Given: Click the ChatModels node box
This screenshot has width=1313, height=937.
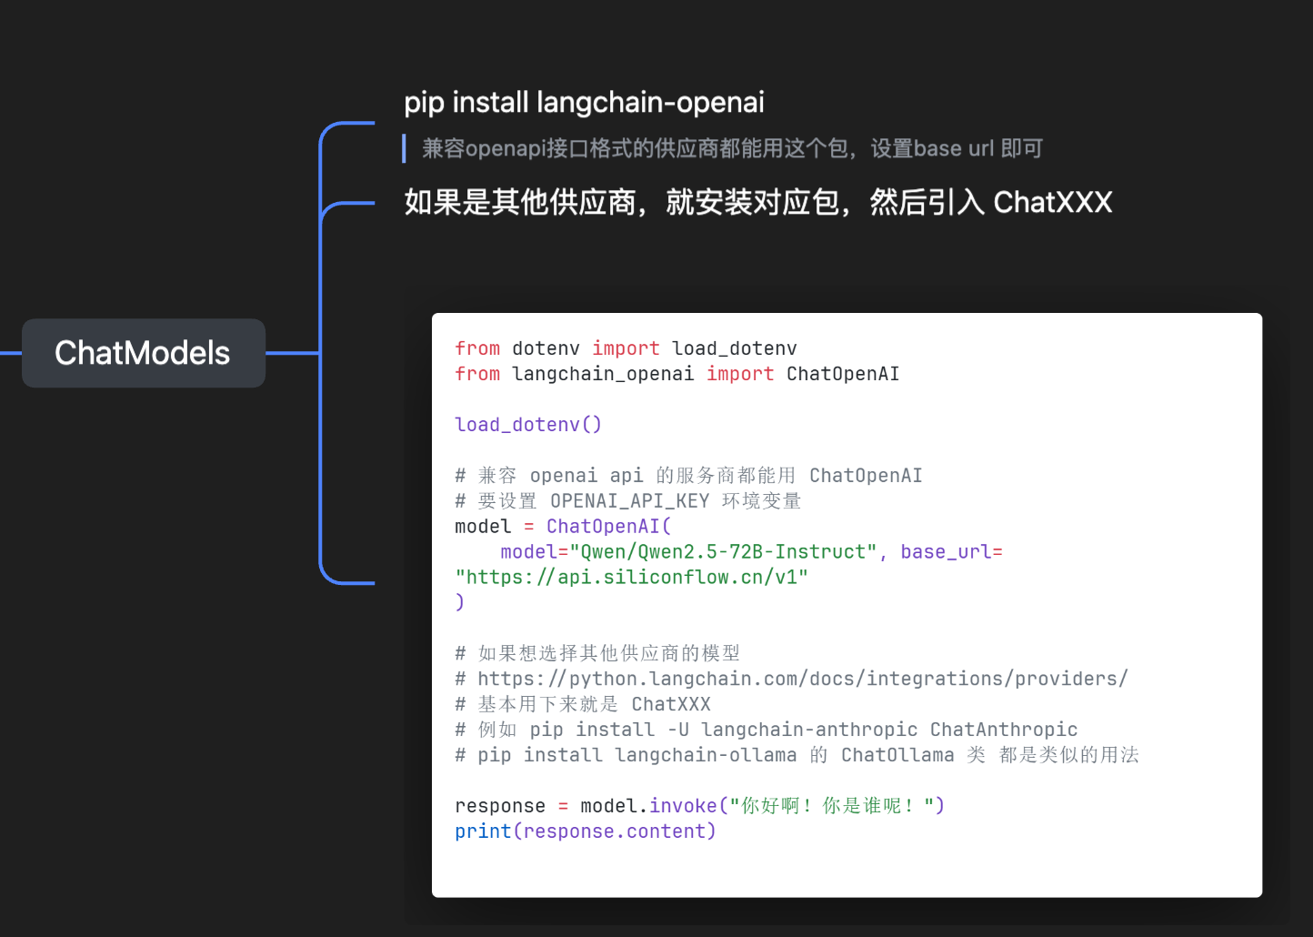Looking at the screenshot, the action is coord(144,353).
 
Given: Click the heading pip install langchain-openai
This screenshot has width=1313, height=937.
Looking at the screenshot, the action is coord(584,103).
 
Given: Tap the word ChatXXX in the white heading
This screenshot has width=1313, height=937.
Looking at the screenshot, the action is coord(1053,202).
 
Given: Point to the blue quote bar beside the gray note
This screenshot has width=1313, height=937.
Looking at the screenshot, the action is coord(404,148).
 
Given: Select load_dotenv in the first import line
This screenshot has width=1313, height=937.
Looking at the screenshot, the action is coord(735,348).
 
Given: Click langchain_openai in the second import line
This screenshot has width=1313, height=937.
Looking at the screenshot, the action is coord(603,374).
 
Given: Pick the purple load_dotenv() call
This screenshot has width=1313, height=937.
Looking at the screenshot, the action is coord(528,424).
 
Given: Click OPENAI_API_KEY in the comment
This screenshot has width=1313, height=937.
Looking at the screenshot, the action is coord(629,500).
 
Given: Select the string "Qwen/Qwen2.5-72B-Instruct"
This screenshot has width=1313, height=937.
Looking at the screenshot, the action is coord(723,552).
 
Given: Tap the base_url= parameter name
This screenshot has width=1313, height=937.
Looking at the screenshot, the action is coord(951,552).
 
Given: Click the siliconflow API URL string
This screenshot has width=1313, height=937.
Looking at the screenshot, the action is coord(631,578).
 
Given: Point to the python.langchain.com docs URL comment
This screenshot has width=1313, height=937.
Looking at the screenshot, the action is coord(803,679).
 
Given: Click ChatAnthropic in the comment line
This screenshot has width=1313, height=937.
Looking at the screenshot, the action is coord(1004,730).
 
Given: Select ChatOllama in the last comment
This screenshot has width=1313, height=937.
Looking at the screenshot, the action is coord(897,755).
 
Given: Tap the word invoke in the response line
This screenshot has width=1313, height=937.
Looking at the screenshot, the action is coord(683,806).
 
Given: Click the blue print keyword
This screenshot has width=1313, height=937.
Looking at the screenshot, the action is coord(483,831).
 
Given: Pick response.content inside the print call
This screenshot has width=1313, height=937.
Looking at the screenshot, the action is coord(615,831).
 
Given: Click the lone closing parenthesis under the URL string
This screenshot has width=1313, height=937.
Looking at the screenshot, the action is coord(459,602).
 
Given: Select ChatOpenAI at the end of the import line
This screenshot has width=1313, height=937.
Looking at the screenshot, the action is coord(842,374).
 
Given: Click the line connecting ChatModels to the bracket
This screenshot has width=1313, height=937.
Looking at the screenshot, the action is coord(293,353).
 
